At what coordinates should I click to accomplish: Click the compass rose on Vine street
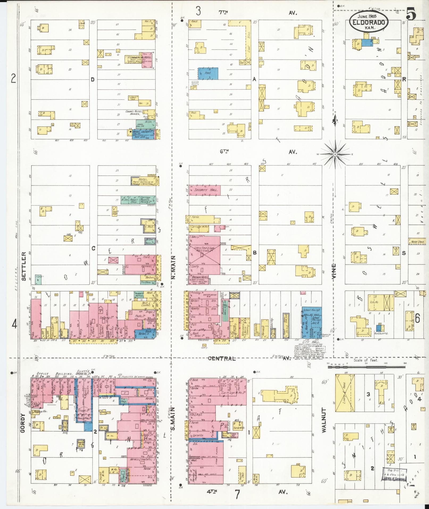pos(335,154)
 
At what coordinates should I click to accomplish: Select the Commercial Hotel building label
pos(137,57)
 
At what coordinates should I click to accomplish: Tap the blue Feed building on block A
pos(208,73)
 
